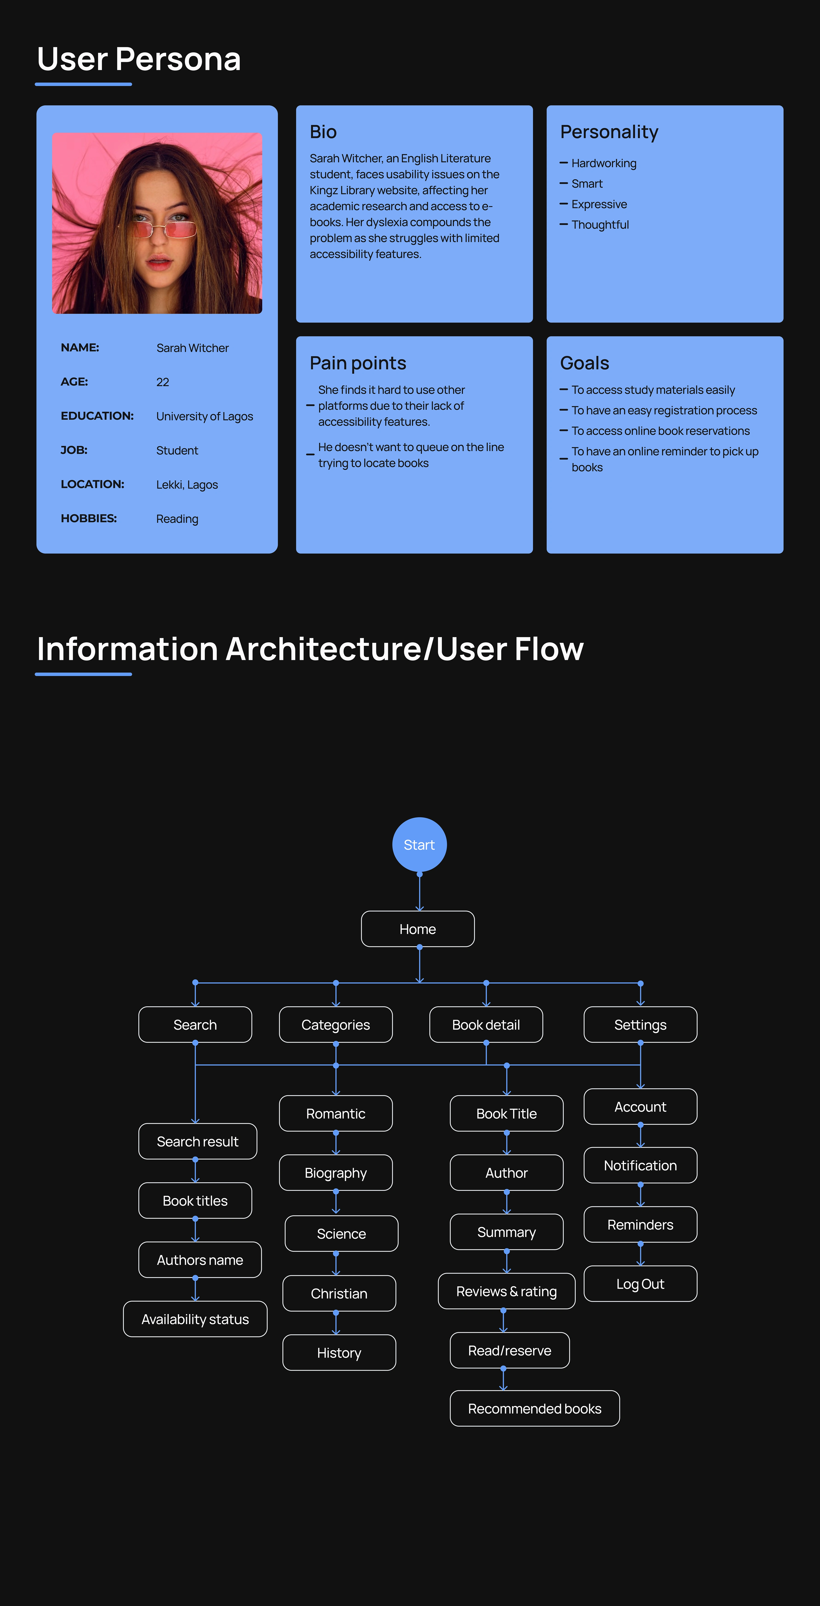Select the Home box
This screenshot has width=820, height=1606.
(x=418, y=929)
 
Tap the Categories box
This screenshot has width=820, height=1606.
(x=335, y=1024)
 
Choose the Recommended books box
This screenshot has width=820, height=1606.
(x=534, y=1408)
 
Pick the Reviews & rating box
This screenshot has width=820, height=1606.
(x=506, y=1291)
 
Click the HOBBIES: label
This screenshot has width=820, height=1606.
(x=89, y=518)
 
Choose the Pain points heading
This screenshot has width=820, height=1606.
(x=358, y=363)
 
